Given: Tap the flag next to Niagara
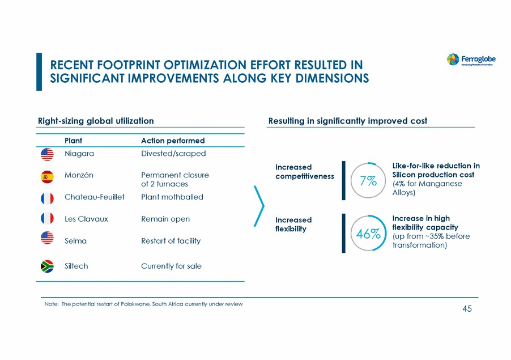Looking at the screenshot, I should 47,154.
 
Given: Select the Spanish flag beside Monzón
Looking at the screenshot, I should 47,176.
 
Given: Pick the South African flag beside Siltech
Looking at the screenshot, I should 47,266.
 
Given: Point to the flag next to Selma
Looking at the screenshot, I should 47,239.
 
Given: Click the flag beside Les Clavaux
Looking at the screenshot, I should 47,218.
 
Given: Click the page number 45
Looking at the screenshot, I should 467,308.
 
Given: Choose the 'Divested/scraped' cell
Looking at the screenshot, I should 173,154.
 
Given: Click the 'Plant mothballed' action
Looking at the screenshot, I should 172,197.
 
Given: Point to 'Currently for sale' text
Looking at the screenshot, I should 171,266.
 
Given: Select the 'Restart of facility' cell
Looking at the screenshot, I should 171,241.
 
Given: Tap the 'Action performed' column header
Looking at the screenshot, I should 173,141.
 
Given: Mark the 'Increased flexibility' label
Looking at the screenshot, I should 293,224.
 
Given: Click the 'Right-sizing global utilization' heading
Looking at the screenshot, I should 96,121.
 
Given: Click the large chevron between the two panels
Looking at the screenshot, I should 261,207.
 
